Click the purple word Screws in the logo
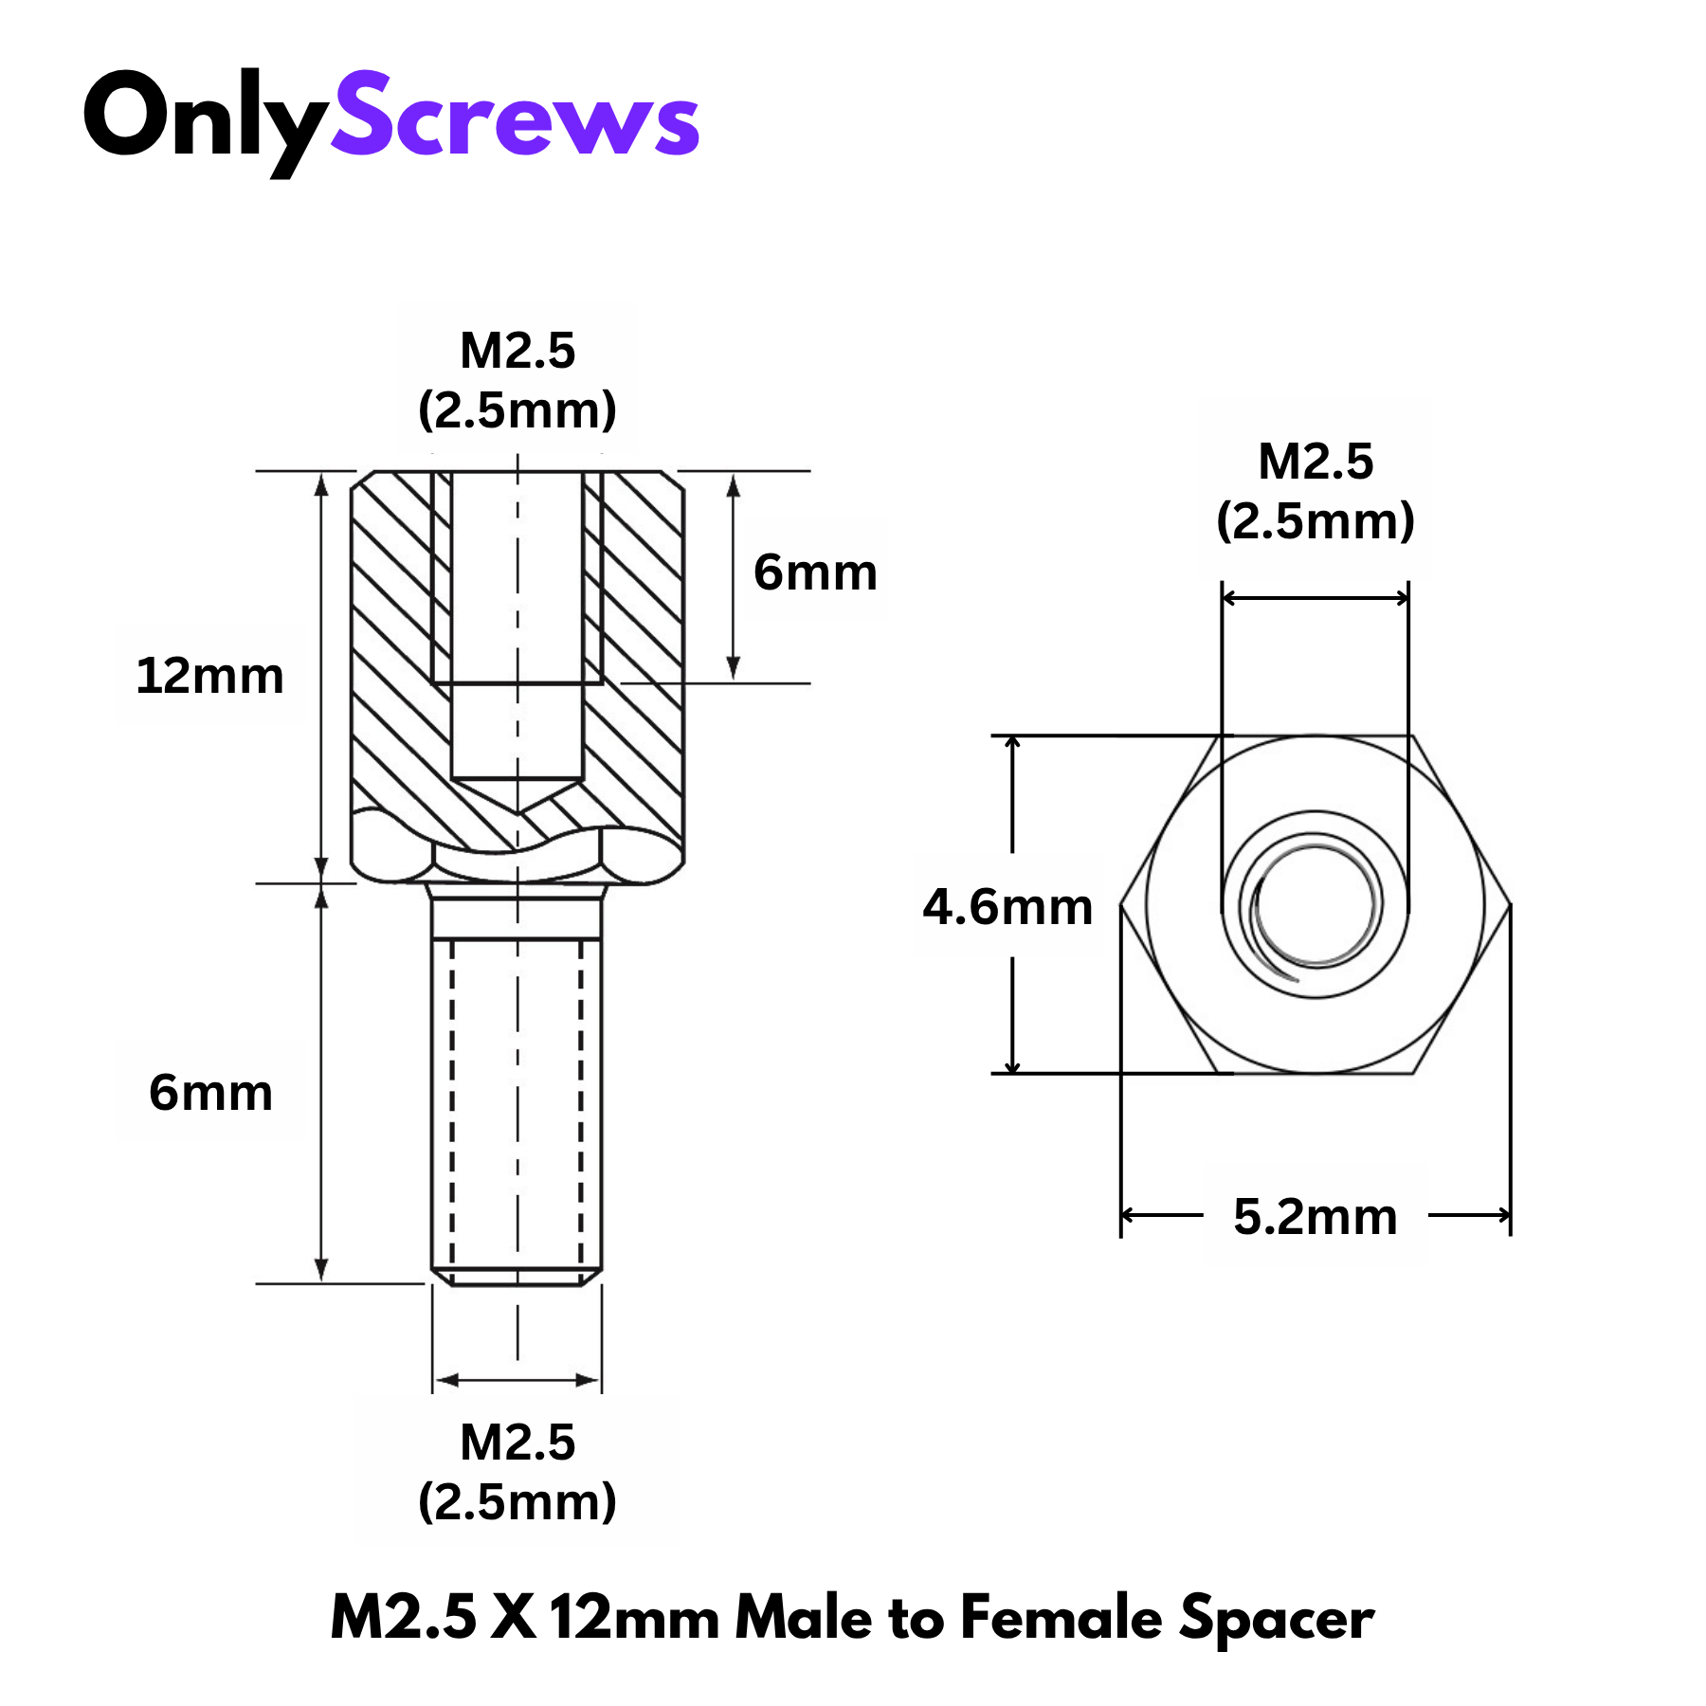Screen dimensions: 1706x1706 (515, 118)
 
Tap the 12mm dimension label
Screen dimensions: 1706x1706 (209, 677)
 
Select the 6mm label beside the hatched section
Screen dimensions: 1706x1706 (815, 572)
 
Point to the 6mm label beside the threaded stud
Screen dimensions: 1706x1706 (210, 1092)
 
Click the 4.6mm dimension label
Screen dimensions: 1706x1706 (1007, 907)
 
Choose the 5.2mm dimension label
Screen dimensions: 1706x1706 (1315, 1217)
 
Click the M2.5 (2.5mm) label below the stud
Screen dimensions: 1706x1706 (517, 1472)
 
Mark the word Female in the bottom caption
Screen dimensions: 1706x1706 (1060, 1617)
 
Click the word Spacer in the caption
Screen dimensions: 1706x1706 (1277, 1619)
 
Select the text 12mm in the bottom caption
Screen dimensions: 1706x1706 (634, 1617)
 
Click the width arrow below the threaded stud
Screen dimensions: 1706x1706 (517, 1380)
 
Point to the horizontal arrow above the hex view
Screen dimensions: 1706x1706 (1316, 598)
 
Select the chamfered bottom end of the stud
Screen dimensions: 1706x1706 (517, 1278)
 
